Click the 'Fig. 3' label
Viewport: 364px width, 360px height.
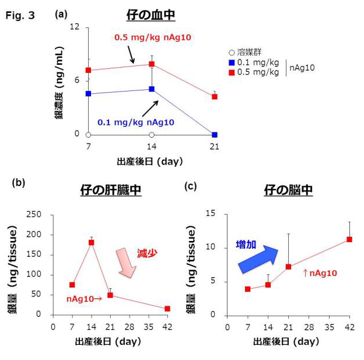click(20, 16)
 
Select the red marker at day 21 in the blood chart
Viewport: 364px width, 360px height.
click(215, 96)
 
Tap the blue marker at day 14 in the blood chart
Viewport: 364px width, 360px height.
click(152, 89)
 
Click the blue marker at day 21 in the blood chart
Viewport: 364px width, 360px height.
click(215, 134)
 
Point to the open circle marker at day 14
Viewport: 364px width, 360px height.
click(152, 134)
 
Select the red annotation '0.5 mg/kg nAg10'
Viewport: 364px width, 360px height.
click(152, 37)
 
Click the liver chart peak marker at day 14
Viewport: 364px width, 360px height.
click(91, 242)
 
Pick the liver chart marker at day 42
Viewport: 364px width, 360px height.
click(167, 308)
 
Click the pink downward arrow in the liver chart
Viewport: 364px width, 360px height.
click(125, 263)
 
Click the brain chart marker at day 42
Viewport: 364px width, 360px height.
click(349, 239)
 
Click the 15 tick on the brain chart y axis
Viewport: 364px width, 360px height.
click(212, 214)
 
